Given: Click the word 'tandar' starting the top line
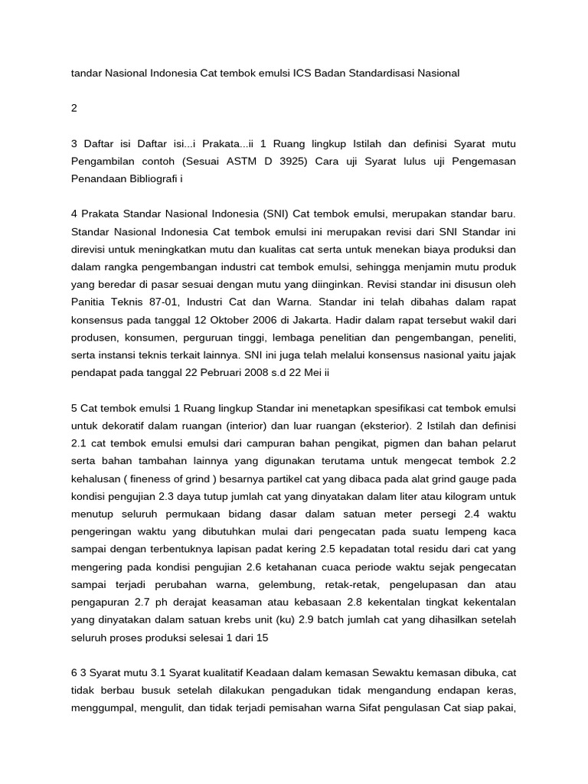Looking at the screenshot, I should (87, 73).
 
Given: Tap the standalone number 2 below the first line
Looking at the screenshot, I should (74, 108).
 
